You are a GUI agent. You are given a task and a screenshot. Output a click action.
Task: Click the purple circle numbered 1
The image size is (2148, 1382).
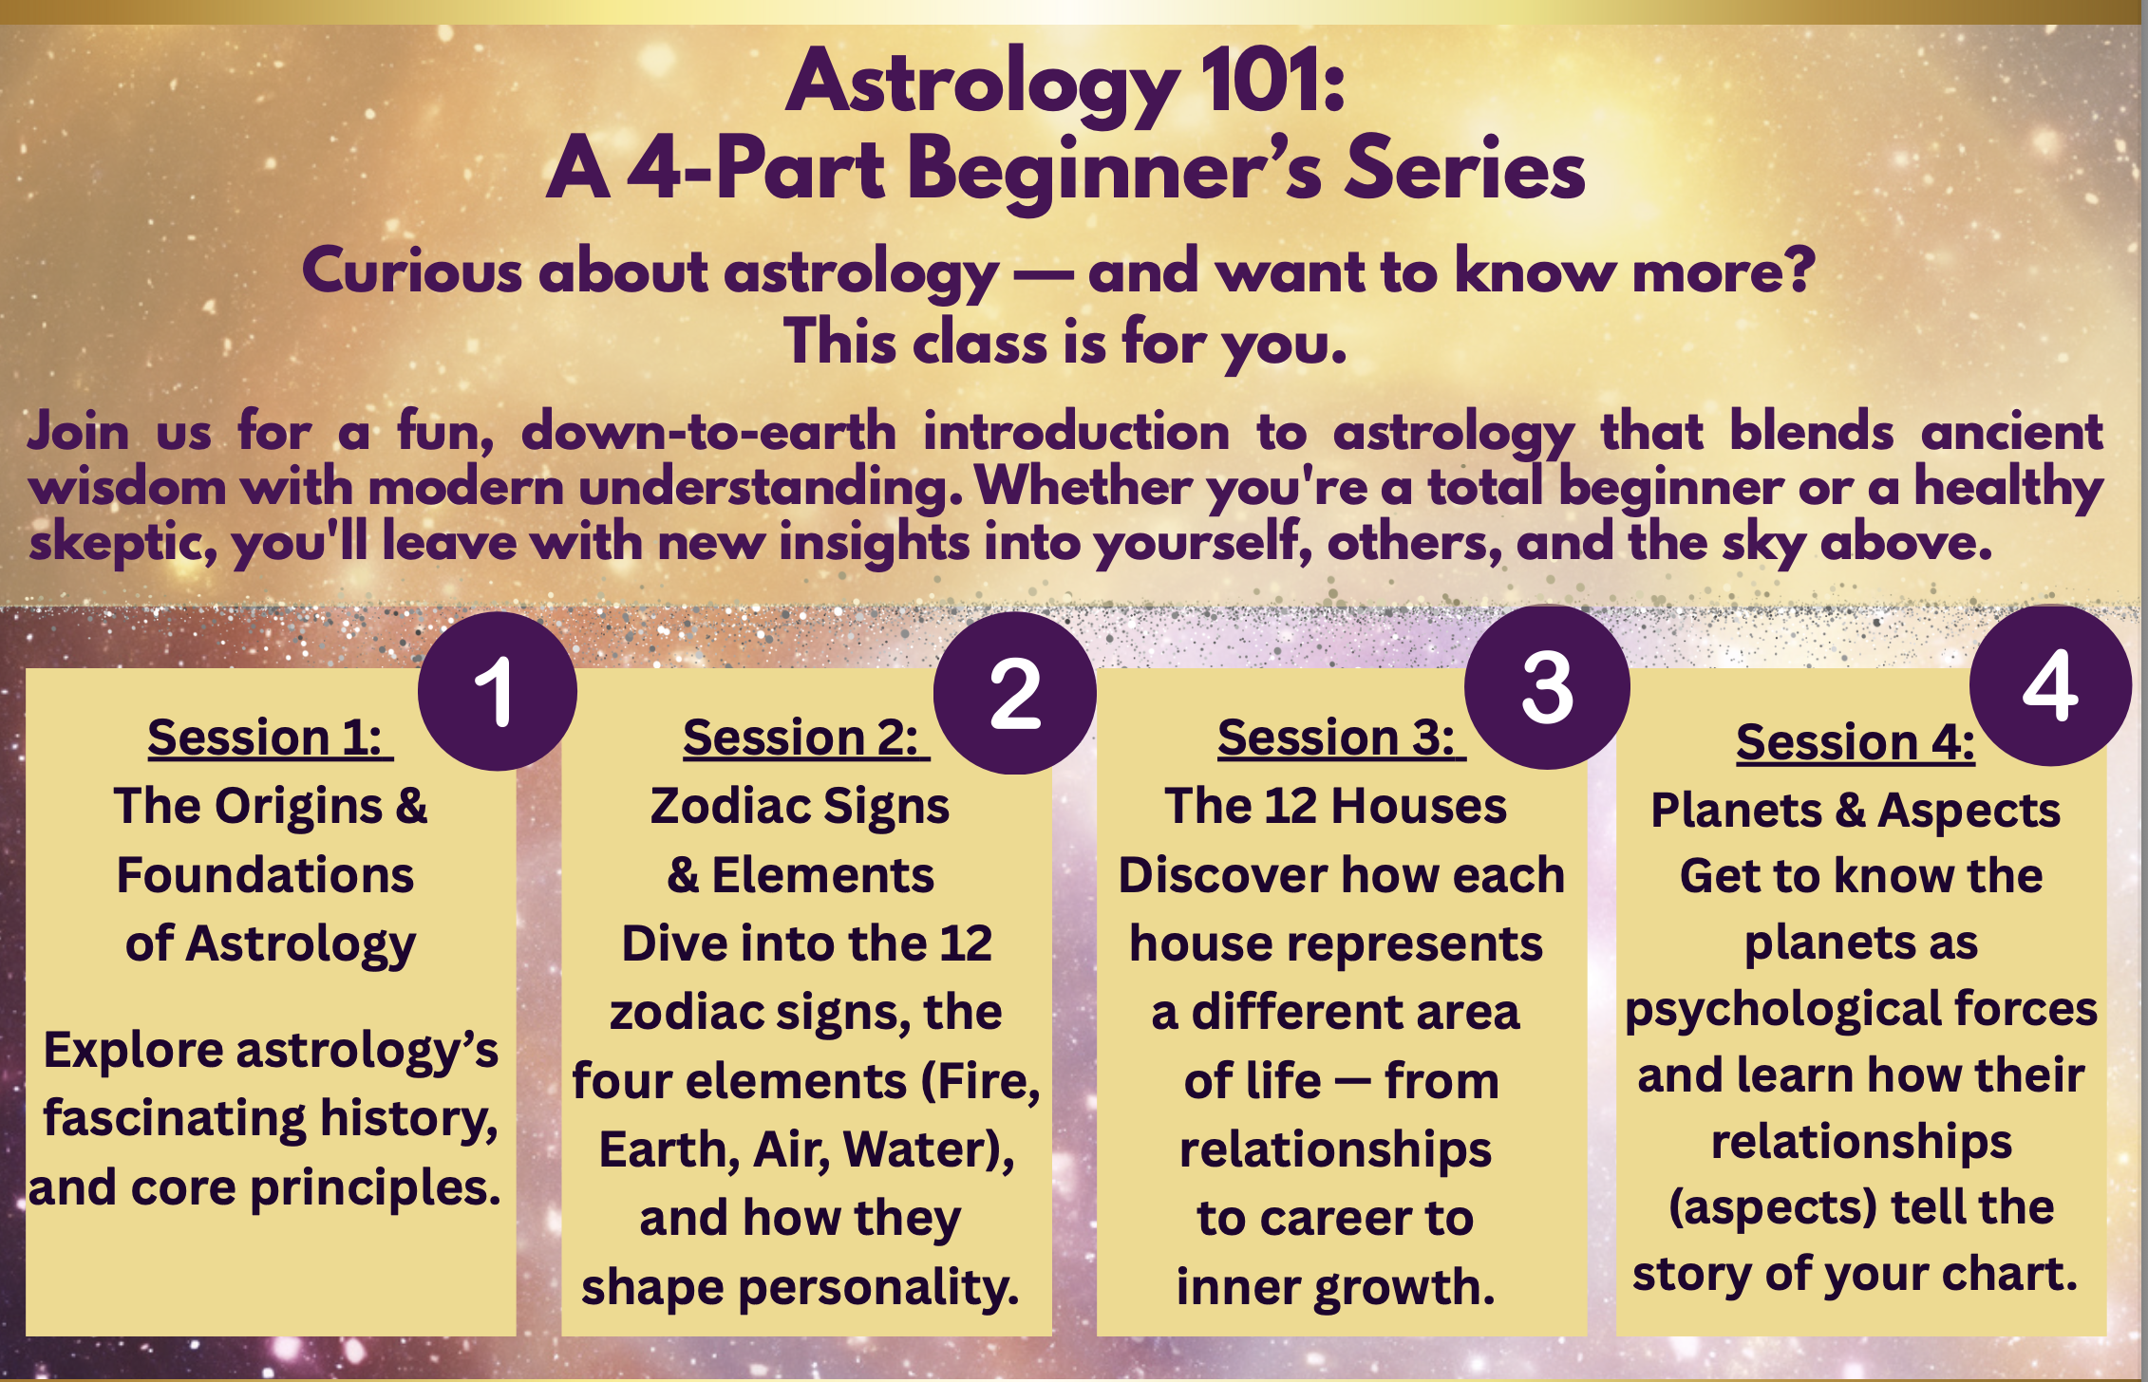(x=497, y=691)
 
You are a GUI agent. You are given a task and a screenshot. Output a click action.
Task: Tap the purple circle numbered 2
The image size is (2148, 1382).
(x=1014, y=693)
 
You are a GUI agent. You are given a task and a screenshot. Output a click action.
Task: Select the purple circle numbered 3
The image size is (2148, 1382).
(x=1547, y=688)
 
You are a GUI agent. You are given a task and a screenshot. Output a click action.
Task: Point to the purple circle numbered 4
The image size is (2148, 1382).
(x=2050, y=685)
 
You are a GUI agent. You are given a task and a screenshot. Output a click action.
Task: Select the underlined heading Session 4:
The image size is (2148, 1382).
(x=1855, y=742)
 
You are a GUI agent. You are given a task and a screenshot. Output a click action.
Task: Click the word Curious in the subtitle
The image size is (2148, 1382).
(x=412, y=271)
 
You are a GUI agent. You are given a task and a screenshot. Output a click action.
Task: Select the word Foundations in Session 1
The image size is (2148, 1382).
(x=265, y=875)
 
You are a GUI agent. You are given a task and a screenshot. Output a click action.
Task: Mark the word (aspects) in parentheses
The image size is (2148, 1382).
(x=1772, y=1207)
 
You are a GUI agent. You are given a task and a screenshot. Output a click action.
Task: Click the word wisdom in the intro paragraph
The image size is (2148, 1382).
(x=128, y=488)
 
